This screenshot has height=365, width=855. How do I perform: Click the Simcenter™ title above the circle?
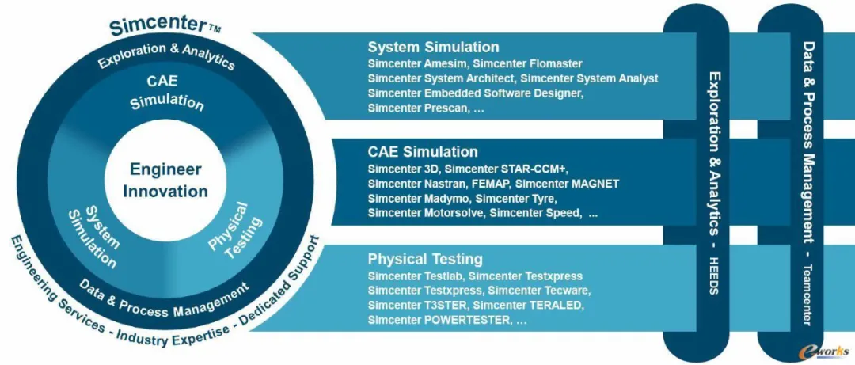[x=164, y=25]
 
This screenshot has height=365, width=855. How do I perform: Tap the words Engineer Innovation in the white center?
[x=165, y=180]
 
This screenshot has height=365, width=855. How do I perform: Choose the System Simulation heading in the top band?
[x=434, y=47]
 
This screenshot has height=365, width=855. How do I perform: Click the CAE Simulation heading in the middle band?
[x=423, y=151]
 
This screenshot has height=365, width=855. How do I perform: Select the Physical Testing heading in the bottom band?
[x=425, y=258]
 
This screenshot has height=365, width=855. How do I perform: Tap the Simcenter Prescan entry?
[x=418, y=108]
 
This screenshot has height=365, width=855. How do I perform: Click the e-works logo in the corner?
[x=824, y=350]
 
